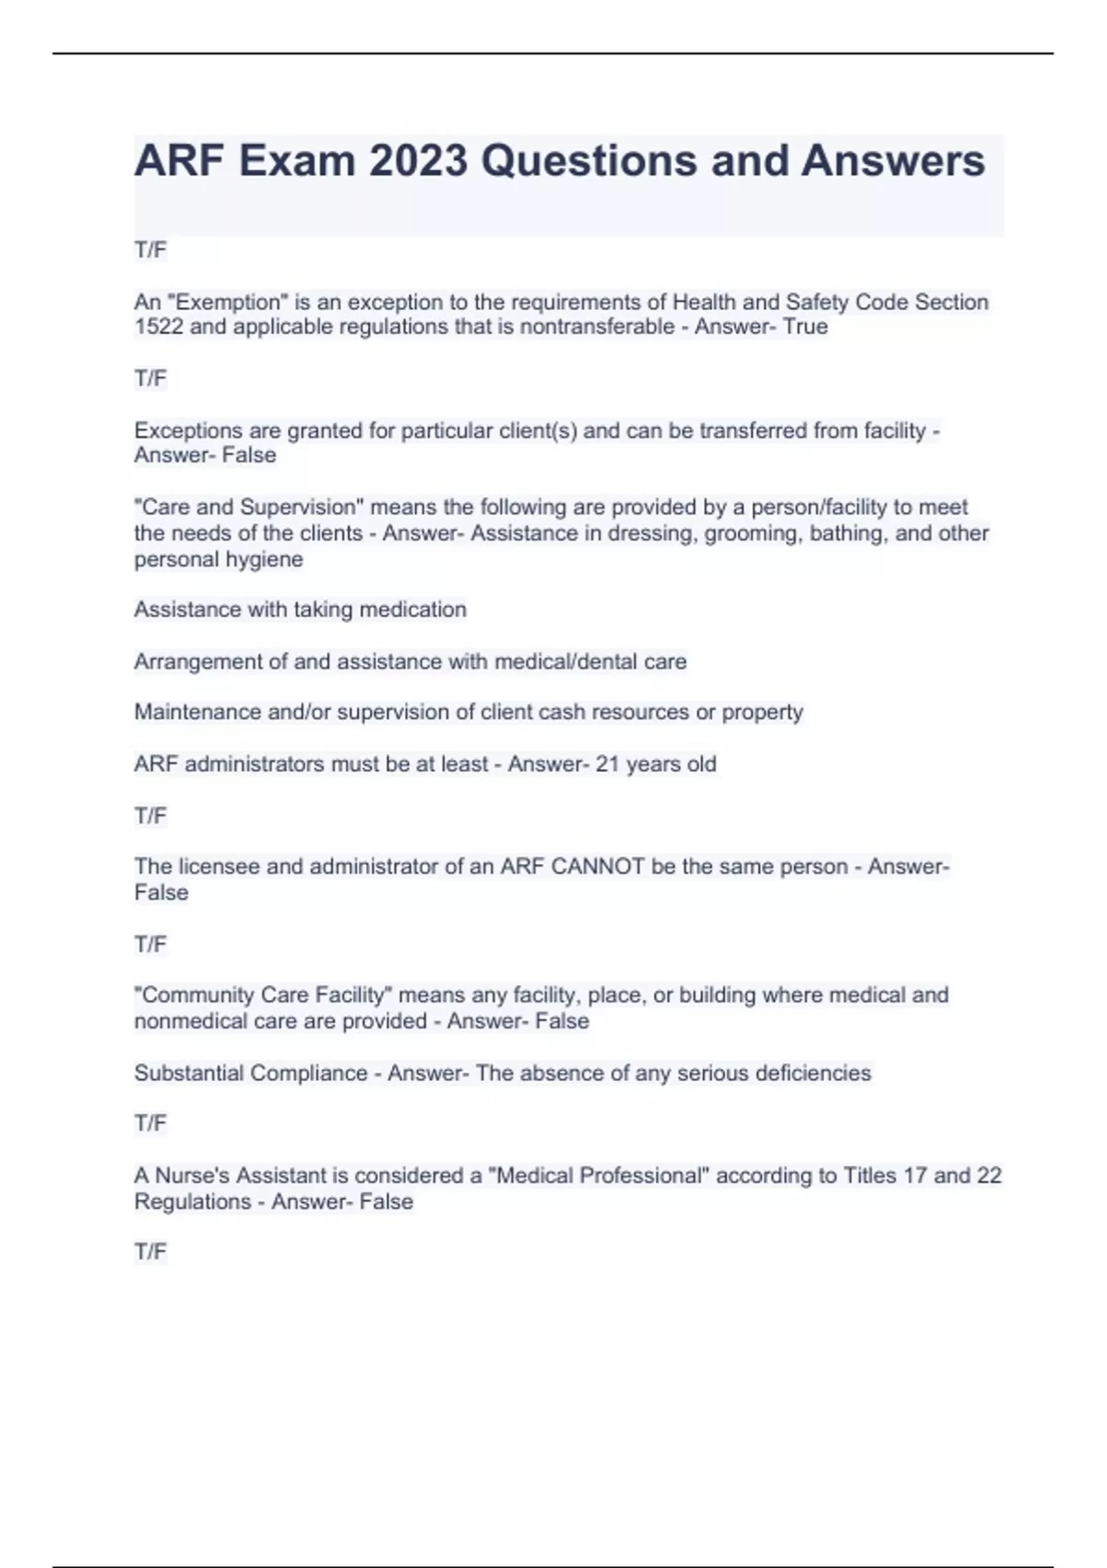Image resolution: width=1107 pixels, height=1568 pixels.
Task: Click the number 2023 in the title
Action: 418,160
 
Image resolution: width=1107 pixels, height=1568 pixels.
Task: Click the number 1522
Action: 159,327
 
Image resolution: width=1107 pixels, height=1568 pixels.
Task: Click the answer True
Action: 805,327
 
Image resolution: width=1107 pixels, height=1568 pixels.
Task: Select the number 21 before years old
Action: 608,764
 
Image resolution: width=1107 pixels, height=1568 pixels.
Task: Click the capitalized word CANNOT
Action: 597,866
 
